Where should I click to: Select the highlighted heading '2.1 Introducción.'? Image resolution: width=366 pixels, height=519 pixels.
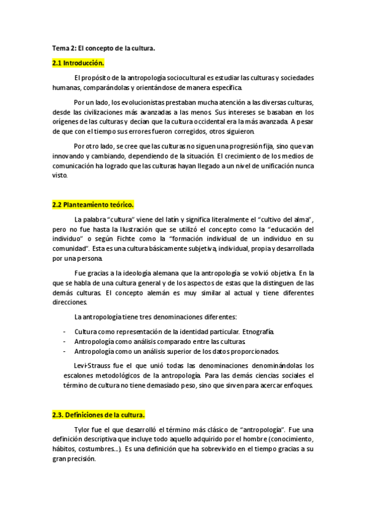(x=78, y=63)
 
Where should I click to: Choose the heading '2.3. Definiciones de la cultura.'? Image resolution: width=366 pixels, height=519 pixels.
(x=98, y=414)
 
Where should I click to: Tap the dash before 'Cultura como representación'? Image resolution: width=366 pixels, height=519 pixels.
(x=65, y=332)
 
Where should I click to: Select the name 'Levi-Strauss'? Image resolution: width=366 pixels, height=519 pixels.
(x=92, y=366)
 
